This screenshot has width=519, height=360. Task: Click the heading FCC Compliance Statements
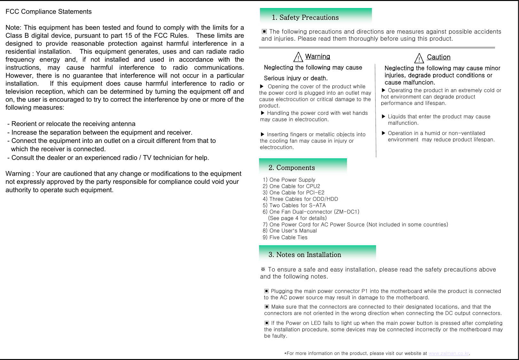49,12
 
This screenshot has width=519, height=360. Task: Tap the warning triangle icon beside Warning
298,57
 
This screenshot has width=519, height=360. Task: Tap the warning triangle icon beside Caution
419,58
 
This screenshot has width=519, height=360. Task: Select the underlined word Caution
438,57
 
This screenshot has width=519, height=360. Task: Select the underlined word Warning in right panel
317,57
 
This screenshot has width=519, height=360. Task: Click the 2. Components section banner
303,167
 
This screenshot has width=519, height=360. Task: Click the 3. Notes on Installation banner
317,254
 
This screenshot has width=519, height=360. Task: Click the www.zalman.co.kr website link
449,353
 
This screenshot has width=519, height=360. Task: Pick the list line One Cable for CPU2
291,186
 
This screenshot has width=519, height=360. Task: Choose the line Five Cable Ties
285,237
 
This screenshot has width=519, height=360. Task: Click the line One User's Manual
290,231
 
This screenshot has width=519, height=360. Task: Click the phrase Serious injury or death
295,78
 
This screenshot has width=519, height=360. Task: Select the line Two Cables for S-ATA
294,205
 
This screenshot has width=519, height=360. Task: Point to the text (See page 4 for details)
297,218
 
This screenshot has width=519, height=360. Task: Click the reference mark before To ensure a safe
263,269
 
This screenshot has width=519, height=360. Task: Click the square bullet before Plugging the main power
266,291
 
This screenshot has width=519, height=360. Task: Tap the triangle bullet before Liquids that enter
384,116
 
